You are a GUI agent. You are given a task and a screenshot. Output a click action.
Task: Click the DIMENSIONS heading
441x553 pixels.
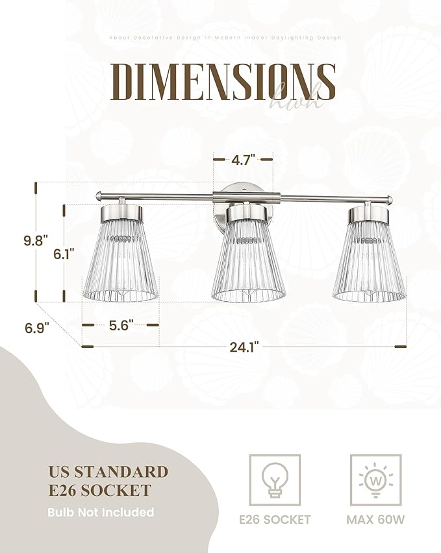click(223, 82)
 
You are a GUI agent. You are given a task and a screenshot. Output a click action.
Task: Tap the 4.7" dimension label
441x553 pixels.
click(244, 158)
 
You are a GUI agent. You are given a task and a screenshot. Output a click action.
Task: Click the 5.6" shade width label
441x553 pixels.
click(121, 325)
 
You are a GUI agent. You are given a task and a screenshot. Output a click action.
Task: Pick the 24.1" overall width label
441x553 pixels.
click(244, 347)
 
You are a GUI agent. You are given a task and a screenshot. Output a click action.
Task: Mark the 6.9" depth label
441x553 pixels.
click(38, 328)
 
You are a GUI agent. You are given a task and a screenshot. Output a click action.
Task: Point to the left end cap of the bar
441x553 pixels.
click(98, 195)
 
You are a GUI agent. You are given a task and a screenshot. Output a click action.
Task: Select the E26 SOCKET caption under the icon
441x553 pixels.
click(275, 519)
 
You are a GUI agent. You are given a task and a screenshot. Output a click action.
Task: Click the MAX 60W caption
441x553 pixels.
click(376, 519)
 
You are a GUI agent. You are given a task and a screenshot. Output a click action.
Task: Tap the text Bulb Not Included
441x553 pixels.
click(101, 512)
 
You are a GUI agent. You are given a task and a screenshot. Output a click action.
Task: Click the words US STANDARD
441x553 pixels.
click(108, 472)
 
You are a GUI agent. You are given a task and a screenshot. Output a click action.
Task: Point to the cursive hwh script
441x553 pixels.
click(296, 97)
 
